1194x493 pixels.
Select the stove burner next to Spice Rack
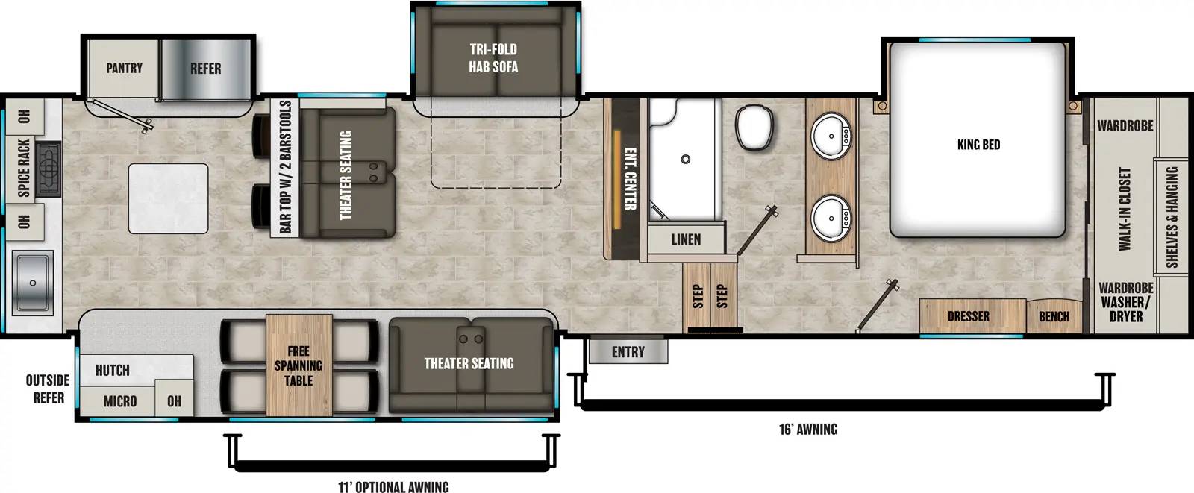click(x=48, y=169)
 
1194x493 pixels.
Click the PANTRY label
click(x=124, y=68)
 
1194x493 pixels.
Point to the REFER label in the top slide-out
click(x=205, y=69)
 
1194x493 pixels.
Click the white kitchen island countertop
click(x=168, y=198)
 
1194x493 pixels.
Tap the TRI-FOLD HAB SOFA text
click(x=493, y=58)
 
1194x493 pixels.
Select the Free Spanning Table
click(x=298, y=365)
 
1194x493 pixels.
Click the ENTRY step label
click(x=628, y=352)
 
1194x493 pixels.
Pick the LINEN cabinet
click(x=685, y=239)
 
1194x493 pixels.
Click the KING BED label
click(x=978, y=145)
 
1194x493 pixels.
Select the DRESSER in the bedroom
click(x=969, y=316)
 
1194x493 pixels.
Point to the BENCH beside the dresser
click(x=1054, y=316)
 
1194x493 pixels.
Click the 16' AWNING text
click(x=807, y=430)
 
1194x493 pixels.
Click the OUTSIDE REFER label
click(x=48, y=389)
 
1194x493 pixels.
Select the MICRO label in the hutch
click(x=119, y=401)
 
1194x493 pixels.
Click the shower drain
click(x=685, y=159)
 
